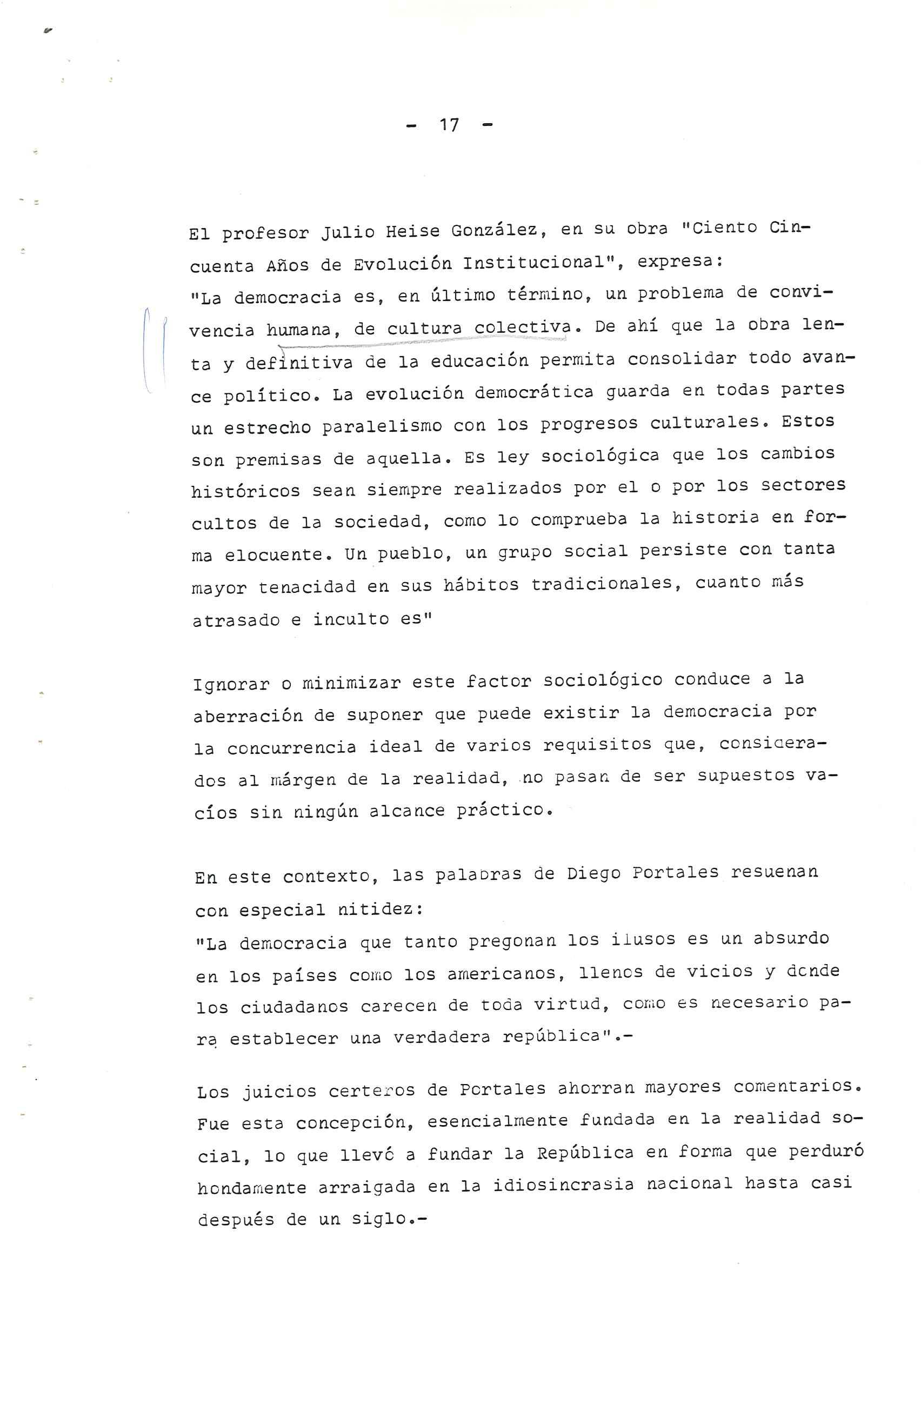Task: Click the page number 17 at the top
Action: click(x=449, y=125)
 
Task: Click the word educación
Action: click(x=479, y=360)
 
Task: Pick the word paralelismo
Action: click(x=382, y=426)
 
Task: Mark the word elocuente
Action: click(x=275, y=554)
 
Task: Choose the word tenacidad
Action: click(x=307, y=587)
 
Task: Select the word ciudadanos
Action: click(x=295, y=1006)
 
